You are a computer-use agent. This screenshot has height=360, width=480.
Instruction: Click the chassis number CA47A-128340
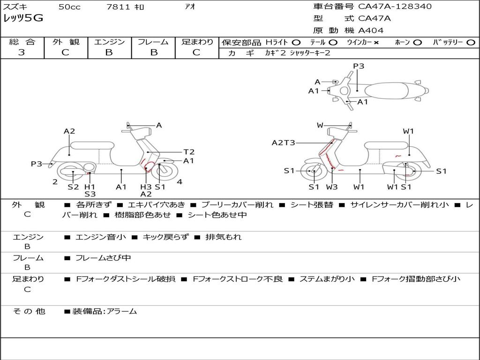(395, 7)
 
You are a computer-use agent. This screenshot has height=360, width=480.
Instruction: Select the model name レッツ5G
(23, 18)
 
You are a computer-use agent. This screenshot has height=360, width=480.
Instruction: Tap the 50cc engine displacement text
(69, 7)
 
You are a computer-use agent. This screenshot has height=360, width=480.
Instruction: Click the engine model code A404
(371, 30)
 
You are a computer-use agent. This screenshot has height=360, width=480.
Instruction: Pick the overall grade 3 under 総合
(22, 52)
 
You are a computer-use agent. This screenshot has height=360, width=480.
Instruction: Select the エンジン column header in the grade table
(109, 42)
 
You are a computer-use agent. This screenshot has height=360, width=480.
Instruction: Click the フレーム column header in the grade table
(153, 42)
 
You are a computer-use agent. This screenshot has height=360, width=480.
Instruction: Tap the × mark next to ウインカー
(376, 43)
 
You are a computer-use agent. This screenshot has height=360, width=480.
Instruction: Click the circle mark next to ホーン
(418, 43)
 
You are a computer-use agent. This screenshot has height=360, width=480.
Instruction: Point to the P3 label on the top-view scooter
(359, 66)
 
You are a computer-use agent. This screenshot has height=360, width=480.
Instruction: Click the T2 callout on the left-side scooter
(189, 152)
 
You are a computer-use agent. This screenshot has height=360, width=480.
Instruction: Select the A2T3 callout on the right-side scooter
(284, 142)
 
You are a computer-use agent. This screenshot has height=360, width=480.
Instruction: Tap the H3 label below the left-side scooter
(146, 187)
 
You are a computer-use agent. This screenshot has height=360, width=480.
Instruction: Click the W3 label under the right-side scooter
(332, 187)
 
